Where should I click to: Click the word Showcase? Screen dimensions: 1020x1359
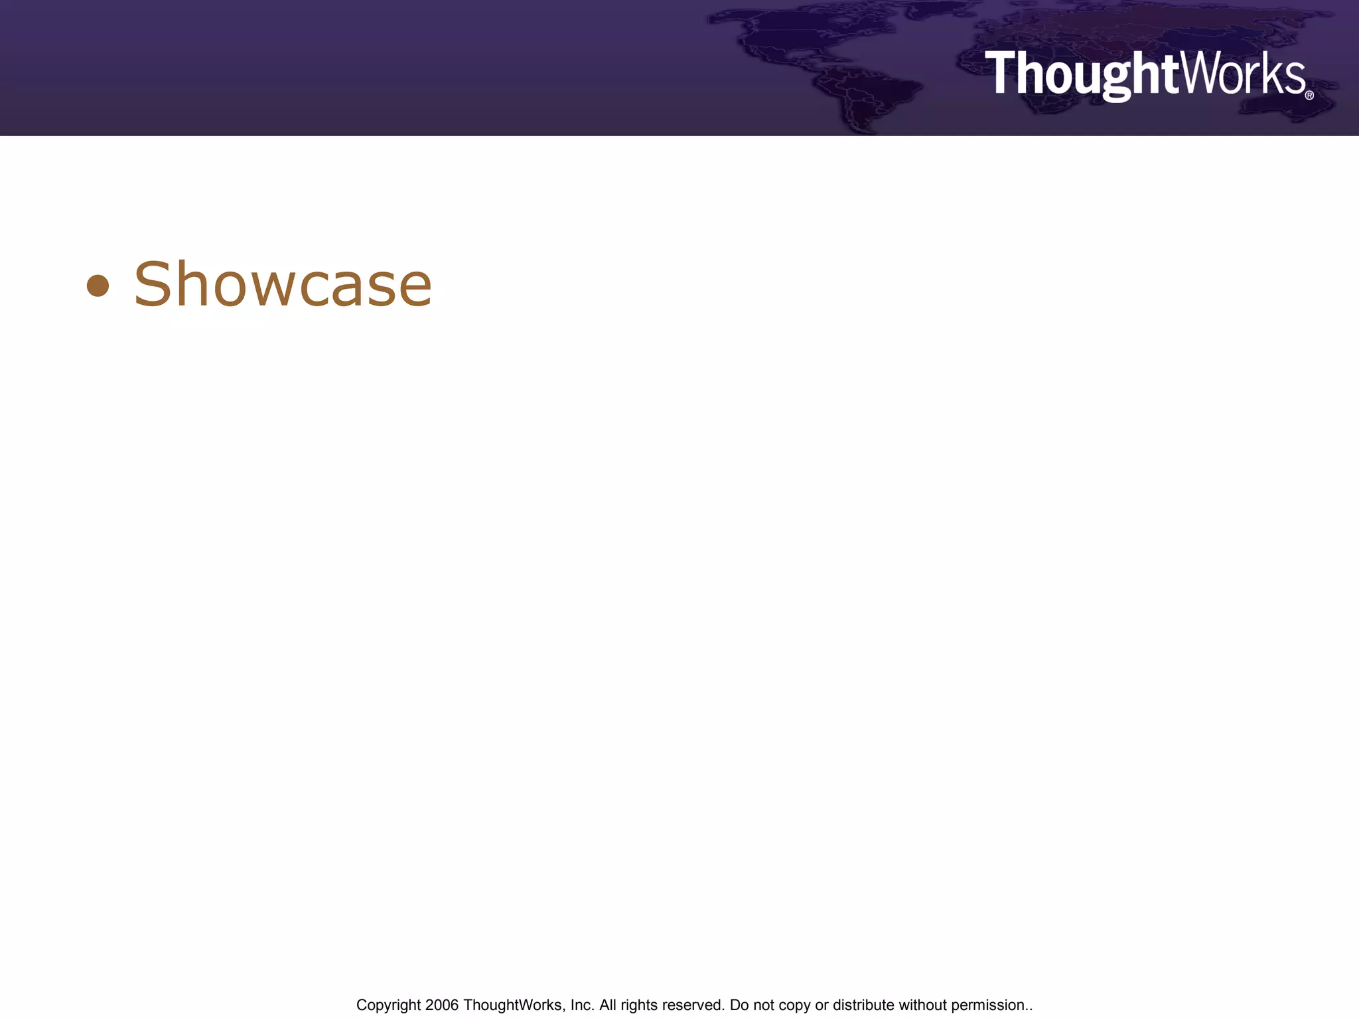pyautogui.click(x=283, y=285)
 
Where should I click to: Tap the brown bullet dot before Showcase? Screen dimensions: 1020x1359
pyautogui.click(x=98, y=286)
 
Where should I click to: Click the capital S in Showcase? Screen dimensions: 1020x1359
pyautogui.click(x=153, y=285)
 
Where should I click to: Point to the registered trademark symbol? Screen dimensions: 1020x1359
pyautogui.click(x=1309, y=95)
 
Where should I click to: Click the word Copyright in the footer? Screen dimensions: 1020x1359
pyautogui.click(x=388, y=1005)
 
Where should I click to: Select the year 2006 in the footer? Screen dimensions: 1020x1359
pyautogui.click(x=442, y=1005)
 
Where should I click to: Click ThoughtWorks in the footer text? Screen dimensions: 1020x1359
pyautogui.click(x=514, y=1005)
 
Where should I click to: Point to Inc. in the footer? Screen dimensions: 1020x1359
pyautogui.click(x=583, y=1005)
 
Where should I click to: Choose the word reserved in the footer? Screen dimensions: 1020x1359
pyautogui.click(x=693, y=1005)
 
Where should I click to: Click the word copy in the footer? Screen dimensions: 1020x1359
pyautogui.click(x=794, y=1005)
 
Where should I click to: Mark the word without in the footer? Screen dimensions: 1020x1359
pyautogui.click(x=922, y=1005)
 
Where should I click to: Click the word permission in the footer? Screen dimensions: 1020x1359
pyautogui.click(x=988, y=1005)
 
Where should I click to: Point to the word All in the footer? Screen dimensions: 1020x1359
pyautogui.click(x=608, y=1005)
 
